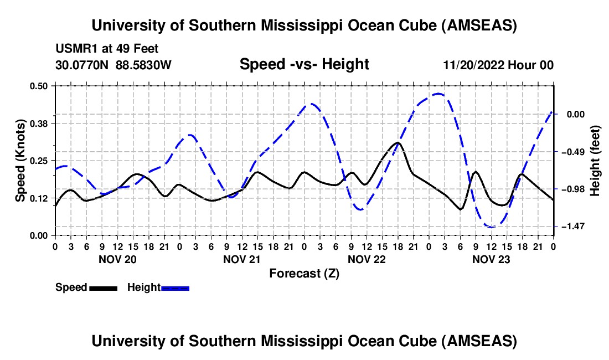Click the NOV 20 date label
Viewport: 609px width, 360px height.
117,259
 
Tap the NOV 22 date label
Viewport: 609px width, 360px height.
367,259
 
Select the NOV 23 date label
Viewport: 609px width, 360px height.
491,259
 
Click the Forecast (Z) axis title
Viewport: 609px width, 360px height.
304,273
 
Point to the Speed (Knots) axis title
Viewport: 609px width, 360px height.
20,161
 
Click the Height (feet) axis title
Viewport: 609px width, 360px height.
595,161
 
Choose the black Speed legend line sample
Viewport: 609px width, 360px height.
102,287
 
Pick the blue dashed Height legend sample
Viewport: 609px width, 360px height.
175,287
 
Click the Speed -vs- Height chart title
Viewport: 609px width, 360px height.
304,64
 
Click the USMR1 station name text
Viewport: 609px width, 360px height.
74,49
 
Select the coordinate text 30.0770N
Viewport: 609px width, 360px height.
83,65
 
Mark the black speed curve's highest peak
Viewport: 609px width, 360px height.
397,142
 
